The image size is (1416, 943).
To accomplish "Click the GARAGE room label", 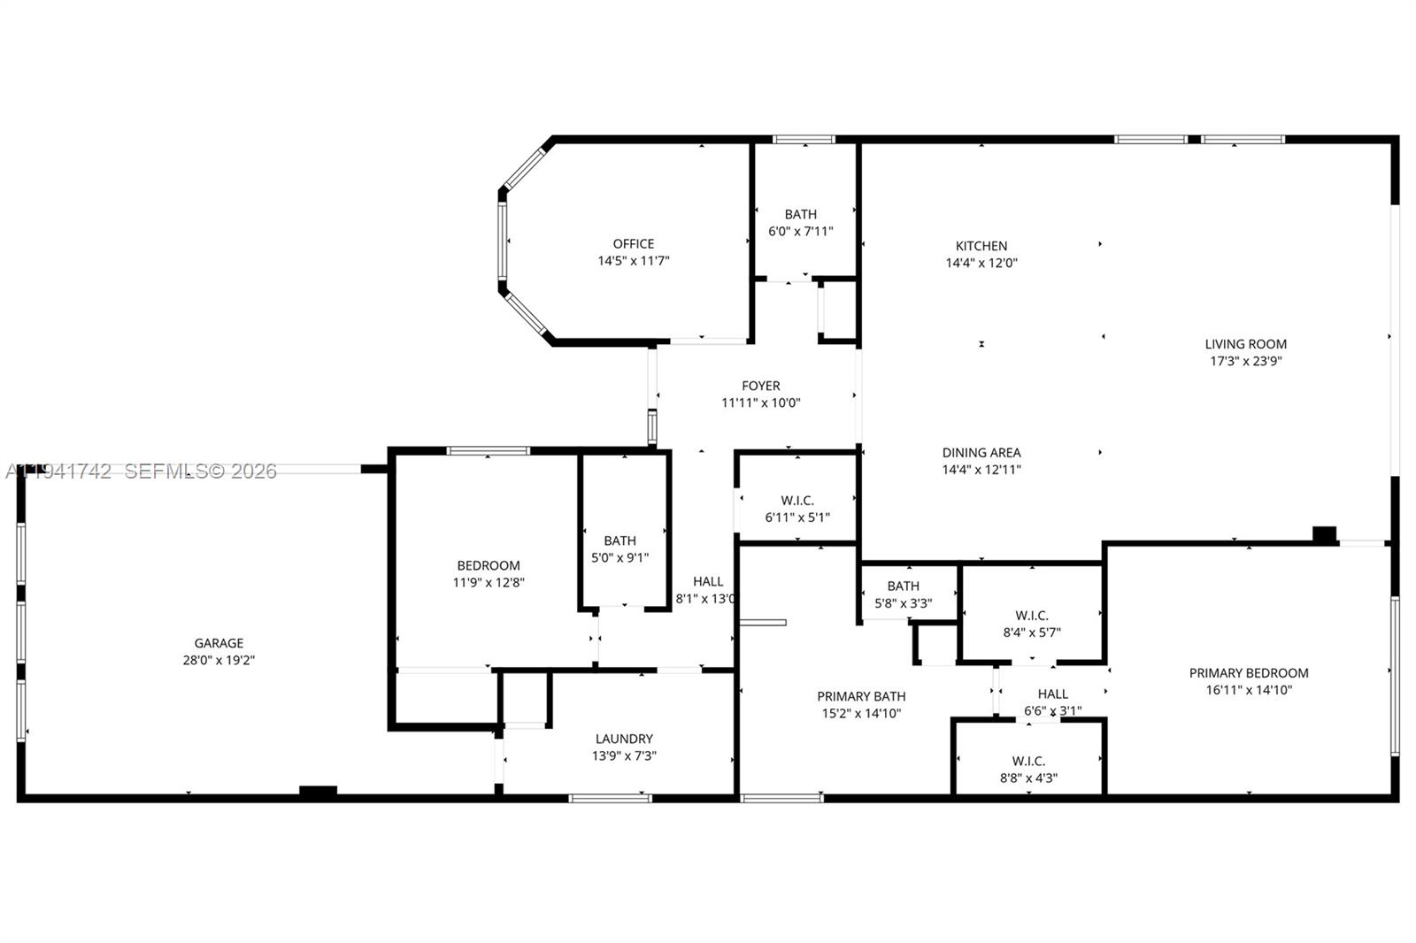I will pos(219,643).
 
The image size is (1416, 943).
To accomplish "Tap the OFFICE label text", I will pos(634,243).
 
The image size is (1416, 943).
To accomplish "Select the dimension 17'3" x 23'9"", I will pos(1246,361).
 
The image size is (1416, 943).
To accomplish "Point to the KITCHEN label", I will pos(981,246).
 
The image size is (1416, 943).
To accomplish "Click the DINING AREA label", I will pos(981,453).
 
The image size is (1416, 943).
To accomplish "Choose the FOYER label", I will pos(760,386).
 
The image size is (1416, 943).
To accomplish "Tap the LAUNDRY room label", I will pos(624,739).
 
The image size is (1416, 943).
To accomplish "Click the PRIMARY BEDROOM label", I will pos(1248,673).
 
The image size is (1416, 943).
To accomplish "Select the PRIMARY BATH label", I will pos(861,696).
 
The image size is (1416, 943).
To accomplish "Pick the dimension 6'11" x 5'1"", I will pos(797,517).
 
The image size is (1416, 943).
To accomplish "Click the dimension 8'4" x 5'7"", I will pos(1032,632).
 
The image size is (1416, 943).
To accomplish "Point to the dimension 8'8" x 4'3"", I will pos(1028,778).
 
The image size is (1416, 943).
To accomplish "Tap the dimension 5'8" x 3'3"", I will pos(903,603).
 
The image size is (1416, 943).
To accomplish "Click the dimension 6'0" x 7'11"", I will pos(800,232).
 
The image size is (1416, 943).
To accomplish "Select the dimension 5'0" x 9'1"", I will pos(619,558).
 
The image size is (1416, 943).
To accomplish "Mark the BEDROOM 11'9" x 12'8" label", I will pos(489,574).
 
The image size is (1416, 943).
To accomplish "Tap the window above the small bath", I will pos(804,139).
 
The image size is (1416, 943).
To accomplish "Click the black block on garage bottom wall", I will pos(318,792).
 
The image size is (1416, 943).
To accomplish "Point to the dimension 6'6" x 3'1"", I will pos(1052,711).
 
